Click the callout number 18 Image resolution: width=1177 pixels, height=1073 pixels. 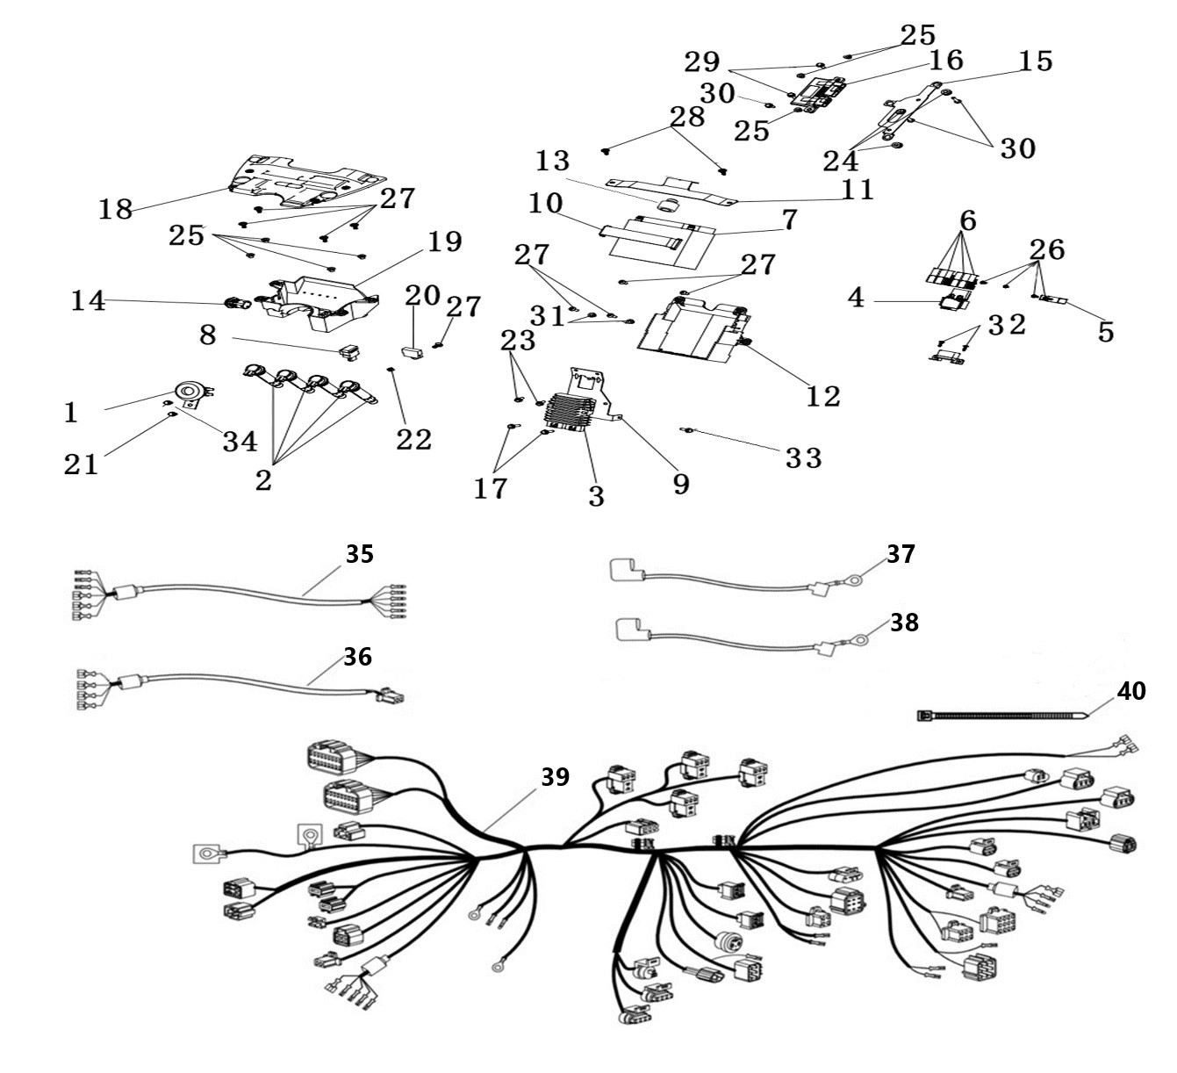(115, 209)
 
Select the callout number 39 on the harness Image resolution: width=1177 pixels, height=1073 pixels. (555, 776)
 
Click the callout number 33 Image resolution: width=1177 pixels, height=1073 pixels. (803, 457)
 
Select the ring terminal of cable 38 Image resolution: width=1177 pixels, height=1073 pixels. (860, 637)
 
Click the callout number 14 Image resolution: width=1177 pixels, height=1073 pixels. (88, 300)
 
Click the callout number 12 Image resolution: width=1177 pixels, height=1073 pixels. (823, 397)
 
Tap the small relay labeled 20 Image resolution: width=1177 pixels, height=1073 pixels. (413, 352)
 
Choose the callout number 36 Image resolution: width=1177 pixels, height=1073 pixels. (357, 657)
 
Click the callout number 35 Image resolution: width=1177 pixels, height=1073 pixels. (360, 554)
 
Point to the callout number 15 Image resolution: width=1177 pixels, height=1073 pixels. (1036, 61)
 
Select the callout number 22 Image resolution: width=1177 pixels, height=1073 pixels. (414, 439)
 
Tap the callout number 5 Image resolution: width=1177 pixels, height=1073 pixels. (1105, 332)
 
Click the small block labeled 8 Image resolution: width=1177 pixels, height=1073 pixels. (349, 353)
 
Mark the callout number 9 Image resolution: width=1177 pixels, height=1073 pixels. (681, 485)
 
